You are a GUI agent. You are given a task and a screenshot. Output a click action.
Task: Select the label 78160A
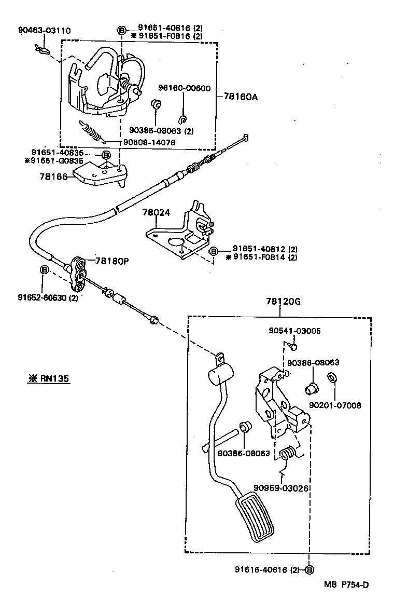tap(241, 96)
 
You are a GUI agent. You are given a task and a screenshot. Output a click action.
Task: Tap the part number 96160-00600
tap(184, 88)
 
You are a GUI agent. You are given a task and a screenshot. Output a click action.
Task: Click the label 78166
tap(52, 177)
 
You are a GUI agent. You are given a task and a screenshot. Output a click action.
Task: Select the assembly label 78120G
tap(283, 301)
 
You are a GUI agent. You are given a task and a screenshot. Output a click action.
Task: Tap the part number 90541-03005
tap(294, 331)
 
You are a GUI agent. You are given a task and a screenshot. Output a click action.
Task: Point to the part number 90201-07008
tap(335, 405)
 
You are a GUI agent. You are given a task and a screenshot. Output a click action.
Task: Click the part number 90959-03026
tap(282, 488)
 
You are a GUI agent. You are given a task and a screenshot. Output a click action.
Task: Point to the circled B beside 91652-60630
tap(45, 270)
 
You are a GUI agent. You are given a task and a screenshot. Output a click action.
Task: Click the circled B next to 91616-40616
tap(309, 569)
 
